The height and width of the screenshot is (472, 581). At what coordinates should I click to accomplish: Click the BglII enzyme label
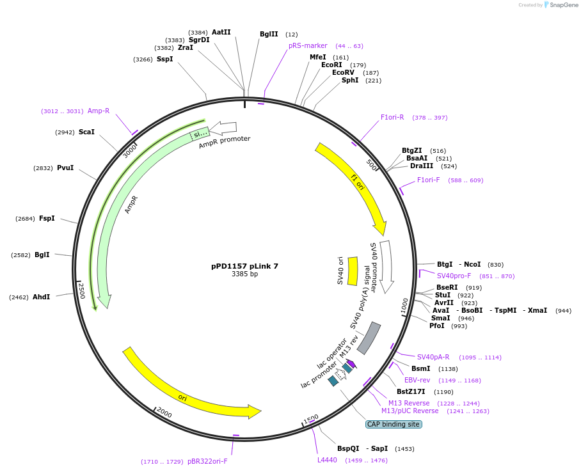269,35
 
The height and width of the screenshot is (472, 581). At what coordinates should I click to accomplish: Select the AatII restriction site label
221,32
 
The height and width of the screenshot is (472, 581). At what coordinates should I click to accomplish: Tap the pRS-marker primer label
308,46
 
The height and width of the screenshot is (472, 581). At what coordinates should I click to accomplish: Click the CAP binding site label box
393,424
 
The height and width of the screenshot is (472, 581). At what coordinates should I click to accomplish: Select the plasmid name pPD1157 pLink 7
244,266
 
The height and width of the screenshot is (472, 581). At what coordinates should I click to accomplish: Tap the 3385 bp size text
244,274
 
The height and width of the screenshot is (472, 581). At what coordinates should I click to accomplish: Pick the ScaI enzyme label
86,132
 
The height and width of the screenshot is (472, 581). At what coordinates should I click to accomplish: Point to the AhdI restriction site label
41,297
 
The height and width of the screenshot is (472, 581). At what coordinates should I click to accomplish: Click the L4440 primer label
327,460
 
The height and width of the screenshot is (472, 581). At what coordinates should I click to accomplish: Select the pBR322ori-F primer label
207,461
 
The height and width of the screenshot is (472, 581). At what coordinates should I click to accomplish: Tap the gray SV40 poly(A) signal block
369,338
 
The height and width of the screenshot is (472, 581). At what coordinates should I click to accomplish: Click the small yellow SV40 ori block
352,271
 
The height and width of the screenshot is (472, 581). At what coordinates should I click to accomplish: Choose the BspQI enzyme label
348,449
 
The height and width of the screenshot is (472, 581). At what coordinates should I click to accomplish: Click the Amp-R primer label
99,111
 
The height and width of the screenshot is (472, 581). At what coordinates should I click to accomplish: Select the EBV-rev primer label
417,380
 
